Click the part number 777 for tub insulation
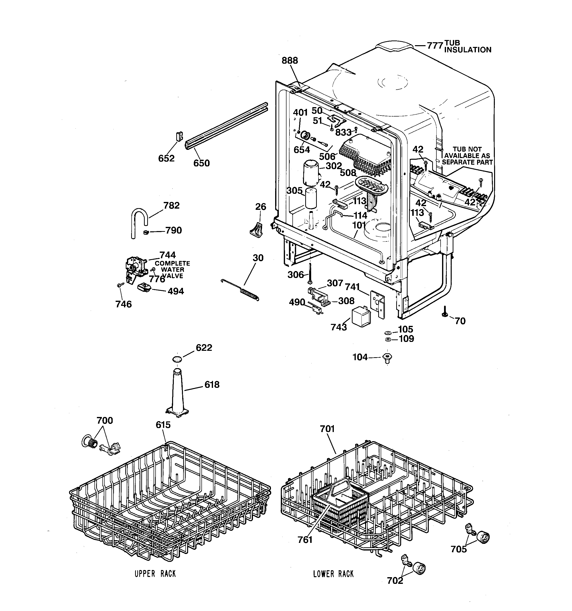click(x=435, y=46)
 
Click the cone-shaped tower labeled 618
click(x=178, y=394)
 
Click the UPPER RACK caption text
click(x=155, y=574)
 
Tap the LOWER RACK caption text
click(x=333, y=574)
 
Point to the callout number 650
click(x=201, y=163)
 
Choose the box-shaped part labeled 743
click(x=361, y=316)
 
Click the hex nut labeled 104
click(x=388, y=358)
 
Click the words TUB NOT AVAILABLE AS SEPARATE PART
click(x=467, y=156)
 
